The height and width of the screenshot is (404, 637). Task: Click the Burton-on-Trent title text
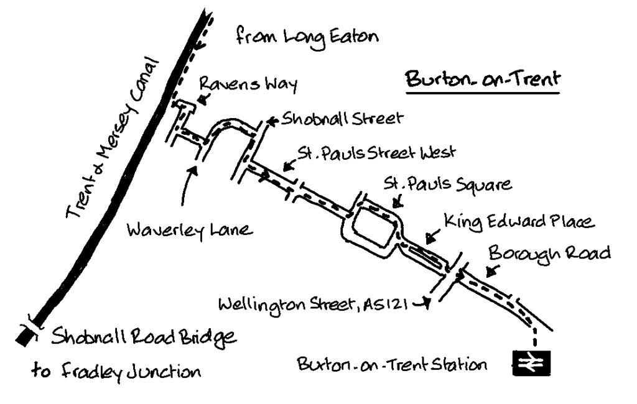(x=483, y=80)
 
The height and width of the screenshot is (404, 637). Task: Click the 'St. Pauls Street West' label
(x=376, y=152)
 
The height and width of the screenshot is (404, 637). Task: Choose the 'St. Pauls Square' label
(x=447, y=185)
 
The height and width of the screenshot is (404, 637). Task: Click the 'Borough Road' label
(x=549, y=254)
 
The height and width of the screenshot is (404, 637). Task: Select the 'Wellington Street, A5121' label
(x=315, y=305)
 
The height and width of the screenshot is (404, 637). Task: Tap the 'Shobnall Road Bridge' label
(x=144, y=338)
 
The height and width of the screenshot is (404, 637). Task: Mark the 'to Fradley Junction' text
(x=116, y=372)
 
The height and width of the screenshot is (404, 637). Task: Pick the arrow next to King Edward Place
(x=432, y=236)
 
